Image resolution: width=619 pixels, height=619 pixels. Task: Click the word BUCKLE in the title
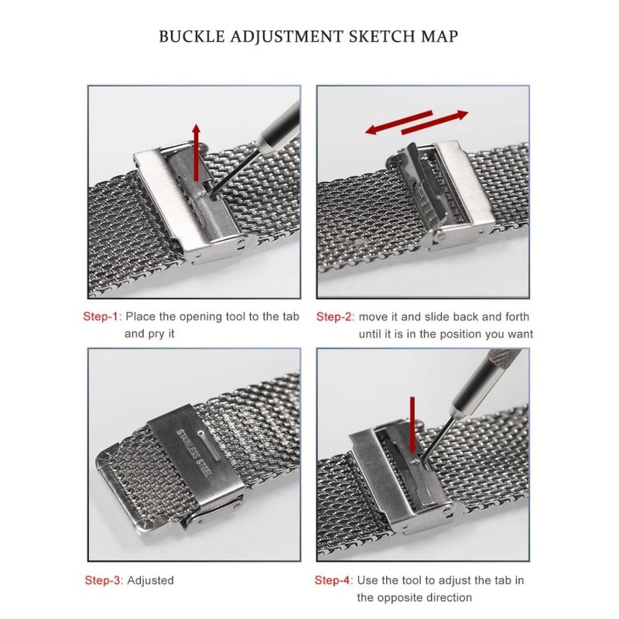(192, 36)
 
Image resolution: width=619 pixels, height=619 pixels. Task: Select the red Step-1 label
(102, 316)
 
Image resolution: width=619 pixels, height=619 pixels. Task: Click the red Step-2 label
(335, 316)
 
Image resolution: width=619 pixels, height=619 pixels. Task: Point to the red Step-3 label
(104, 580)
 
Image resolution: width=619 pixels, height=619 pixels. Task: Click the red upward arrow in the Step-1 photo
(197, 152)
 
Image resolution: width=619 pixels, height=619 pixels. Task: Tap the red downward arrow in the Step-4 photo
(412, 425)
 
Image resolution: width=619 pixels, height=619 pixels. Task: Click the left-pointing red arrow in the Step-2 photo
(398, 122)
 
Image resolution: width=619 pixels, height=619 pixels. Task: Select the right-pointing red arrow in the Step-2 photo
(435, 123)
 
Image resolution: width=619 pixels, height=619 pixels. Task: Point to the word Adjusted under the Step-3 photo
(150, 580)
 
